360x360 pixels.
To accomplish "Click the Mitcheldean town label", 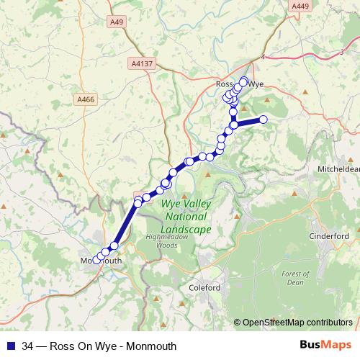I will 338,169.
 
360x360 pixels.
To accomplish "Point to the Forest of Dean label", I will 295,278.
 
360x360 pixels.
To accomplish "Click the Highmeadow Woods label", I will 161,241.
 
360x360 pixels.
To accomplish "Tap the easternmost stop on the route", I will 264,120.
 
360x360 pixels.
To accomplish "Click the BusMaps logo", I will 326,346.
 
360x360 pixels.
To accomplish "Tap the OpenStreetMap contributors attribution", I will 297,323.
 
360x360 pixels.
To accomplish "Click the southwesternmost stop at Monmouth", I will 96,260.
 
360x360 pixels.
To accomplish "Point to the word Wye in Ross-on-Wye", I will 256,84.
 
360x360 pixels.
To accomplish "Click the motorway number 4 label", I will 264,56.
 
